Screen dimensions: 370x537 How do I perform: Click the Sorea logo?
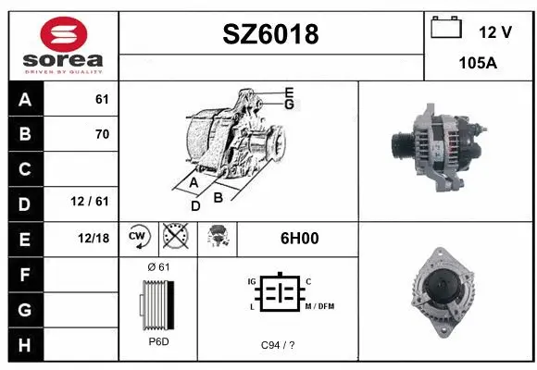[63, 44]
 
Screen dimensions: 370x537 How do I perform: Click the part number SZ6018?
[271, 34]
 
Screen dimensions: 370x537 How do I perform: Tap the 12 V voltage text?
[495, 32]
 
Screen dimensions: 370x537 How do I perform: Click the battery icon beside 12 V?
[447, 29]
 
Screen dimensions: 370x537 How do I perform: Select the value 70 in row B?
[102, 134]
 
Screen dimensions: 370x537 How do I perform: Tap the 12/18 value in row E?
[94, 238]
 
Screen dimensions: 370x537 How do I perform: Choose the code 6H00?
[299, 238]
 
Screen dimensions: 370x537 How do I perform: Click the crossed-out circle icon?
[174, 238]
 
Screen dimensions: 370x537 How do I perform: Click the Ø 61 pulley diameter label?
[158, 267]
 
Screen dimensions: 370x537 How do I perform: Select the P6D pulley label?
[158, 341]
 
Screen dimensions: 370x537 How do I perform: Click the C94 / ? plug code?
[278, 345]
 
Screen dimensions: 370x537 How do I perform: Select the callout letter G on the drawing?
[289, 105]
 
